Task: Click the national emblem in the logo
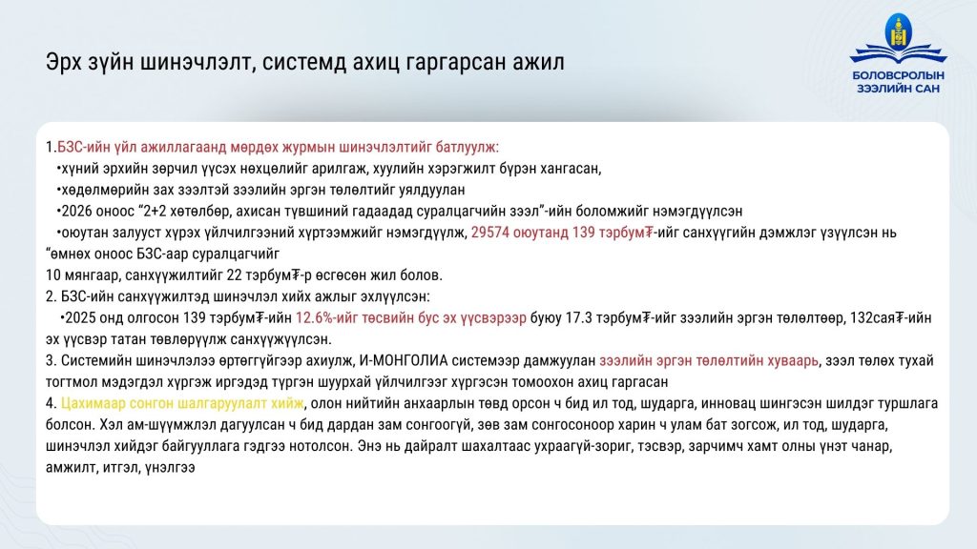[898, 31]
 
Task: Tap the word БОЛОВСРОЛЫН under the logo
[898, 75]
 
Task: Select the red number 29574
[489, 233]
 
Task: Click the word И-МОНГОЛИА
[404, 361]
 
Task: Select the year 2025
[81, 318]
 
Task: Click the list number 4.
[52, 404]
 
